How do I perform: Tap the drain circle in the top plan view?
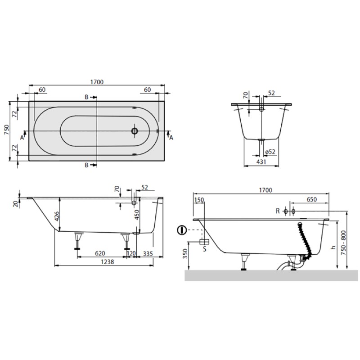pyautogui.click(x=135, y=131)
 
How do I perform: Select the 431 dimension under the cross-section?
pyautogui.click(x=261, y=162)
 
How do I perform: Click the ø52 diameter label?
pyautogui.click(x=270, y=152)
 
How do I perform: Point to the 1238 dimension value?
pyautogui.click(x=108, y=262)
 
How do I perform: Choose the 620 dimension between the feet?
pyautogui.click(x=100, y=253)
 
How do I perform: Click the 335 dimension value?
pyautogui.click(x=148, y=253)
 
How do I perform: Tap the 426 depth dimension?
pyautogui.click(x=57, y=216)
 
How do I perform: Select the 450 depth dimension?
pyautogui.click(x=137, y=215)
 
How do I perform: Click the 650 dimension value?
pyautogui.click(x=311, y=199)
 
